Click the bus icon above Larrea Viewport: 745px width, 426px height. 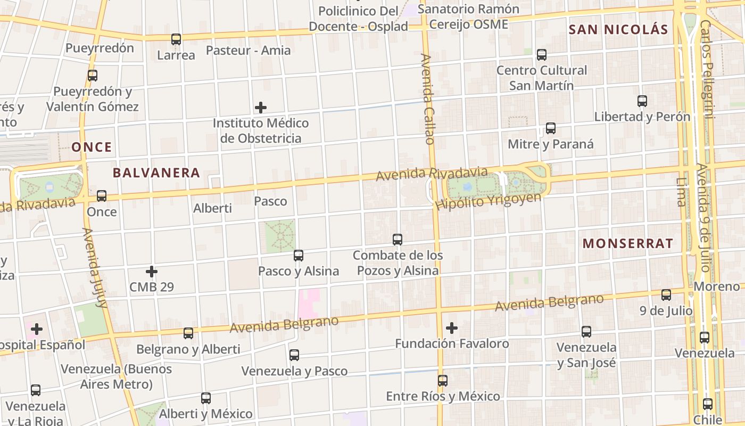coord(176,39)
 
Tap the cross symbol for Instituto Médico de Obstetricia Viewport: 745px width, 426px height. coord(261,108)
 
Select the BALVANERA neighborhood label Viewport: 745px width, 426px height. coord(156,173)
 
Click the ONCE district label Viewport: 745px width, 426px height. coord(92,148)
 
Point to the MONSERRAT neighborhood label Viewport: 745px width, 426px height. coord(628,244)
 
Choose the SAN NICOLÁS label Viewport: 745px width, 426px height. coord(618,30)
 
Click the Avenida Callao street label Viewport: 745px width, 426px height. coord(428,99)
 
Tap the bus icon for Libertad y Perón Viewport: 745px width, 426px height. coord(642,101)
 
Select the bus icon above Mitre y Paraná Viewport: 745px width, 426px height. coord(551,128)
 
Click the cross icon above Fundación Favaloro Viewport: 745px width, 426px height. coord(452,327)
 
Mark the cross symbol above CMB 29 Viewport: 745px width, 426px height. coord(152,272)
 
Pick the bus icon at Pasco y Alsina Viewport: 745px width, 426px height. coord(299,256)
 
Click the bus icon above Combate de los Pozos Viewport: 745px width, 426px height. coord(398,240)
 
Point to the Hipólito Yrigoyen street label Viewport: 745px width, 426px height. coord(488,201)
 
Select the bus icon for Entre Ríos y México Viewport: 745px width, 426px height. coord(443,381)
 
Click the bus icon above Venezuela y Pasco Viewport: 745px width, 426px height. coord(294,355)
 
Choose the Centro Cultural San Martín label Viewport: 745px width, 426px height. coord(542,78)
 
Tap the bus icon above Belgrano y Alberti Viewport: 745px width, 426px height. coord(188,333)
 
